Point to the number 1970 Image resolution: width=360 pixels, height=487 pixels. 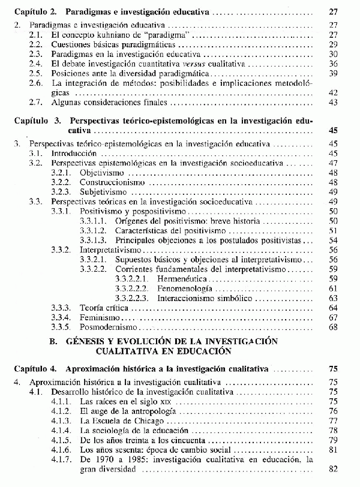104,459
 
